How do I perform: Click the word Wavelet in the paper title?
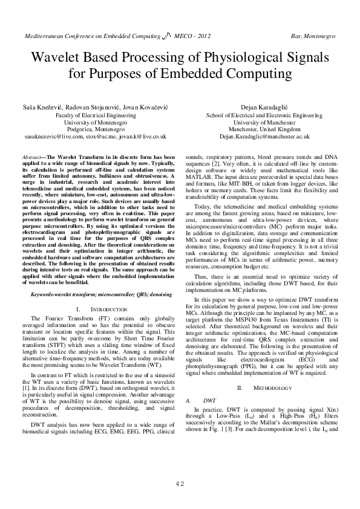(58, 58)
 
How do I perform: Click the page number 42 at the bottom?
(180, 484)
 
